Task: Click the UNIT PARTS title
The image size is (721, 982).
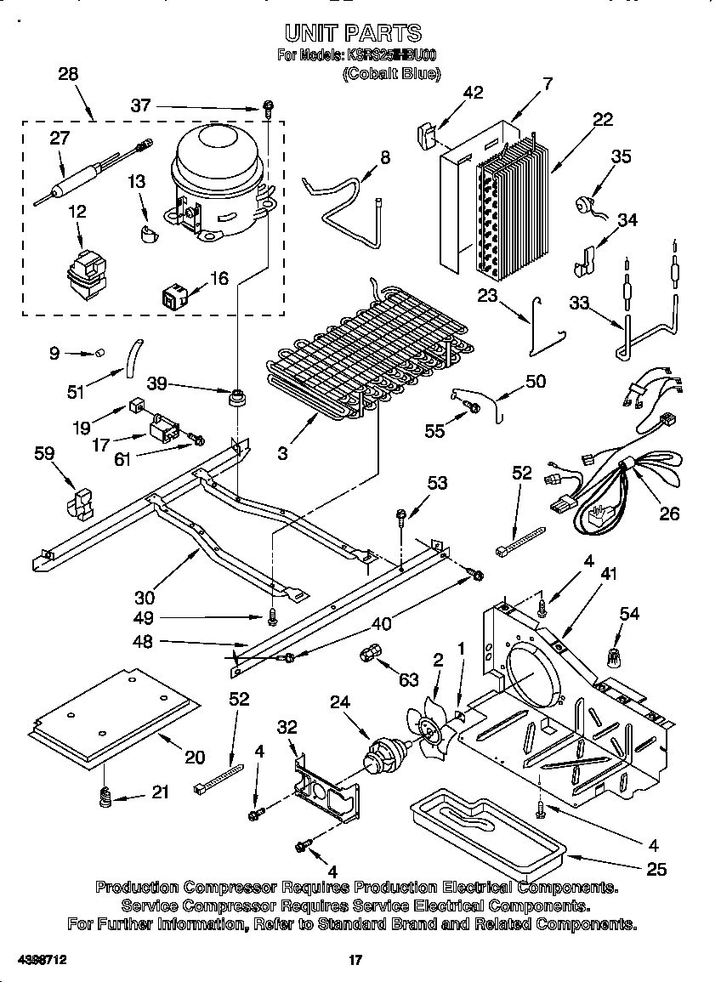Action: pos(352,33)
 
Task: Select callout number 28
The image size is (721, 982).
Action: pos(68,74)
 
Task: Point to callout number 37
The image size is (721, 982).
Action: pos(140,105)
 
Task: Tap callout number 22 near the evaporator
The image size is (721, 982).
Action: pos(602,120)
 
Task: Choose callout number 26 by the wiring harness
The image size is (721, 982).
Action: pos(670,514)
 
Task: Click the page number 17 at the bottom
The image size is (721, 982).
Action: pos(356,961)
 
